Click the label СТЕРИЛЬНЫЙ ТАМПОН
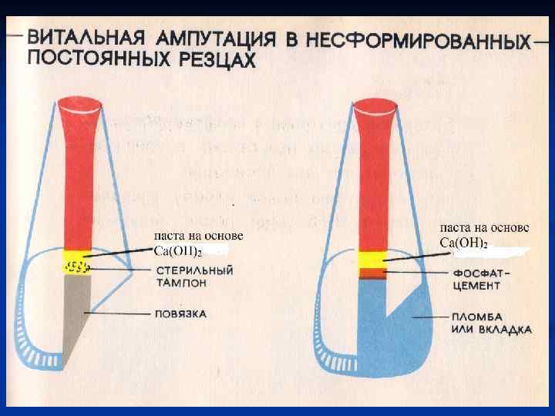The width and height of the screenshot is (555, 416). (193, 277)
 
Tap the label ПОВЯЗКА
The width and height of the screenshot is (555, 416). (180, 314)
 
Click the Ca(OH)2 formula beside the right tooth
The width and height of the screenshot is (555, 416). (463, 243)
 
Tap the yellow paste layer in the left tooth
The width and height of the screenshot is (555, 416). (77, 256)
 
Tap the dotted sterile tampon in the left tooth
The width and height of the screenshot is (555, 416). (76, 268)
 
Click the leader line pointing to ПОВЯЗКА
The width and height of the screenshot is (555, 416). (116, 314)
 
